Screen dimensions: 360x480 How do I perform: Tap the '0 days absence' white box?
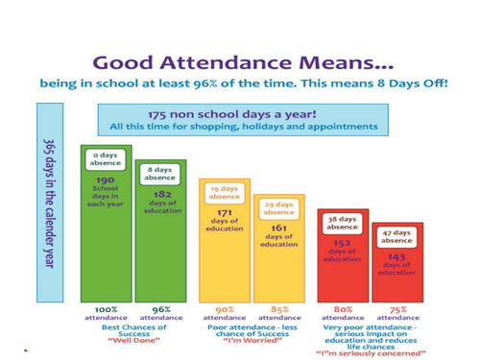click(x=106, y=158)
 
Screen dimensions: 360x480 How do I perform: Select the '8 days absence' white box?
click(x=160, y=173)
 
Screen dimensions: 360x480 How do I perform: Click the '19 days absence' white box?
click(x=223, y=192)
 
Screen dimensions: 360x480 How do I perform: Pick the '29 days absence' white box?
click(x=278, y=208)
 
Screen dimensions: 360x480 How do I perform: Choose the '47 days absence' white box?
click(x=396, y=236)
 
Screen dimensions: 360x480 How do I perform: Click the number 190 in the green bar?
click(x=106, y=180)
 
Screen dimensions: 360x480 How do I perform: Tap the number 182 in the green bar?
click(x=160, y=194)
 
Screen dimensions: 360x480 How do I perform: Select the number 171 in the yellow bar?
click(x=223, y=212)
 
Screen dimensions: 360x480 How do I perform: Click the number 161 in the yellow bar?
click(x=278, y=228)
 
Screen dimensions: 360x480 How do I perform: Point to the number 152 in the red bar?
click(x=342, y=243)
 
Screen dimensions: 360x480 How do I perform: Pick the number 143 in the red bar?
click(x=396, y=256)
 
